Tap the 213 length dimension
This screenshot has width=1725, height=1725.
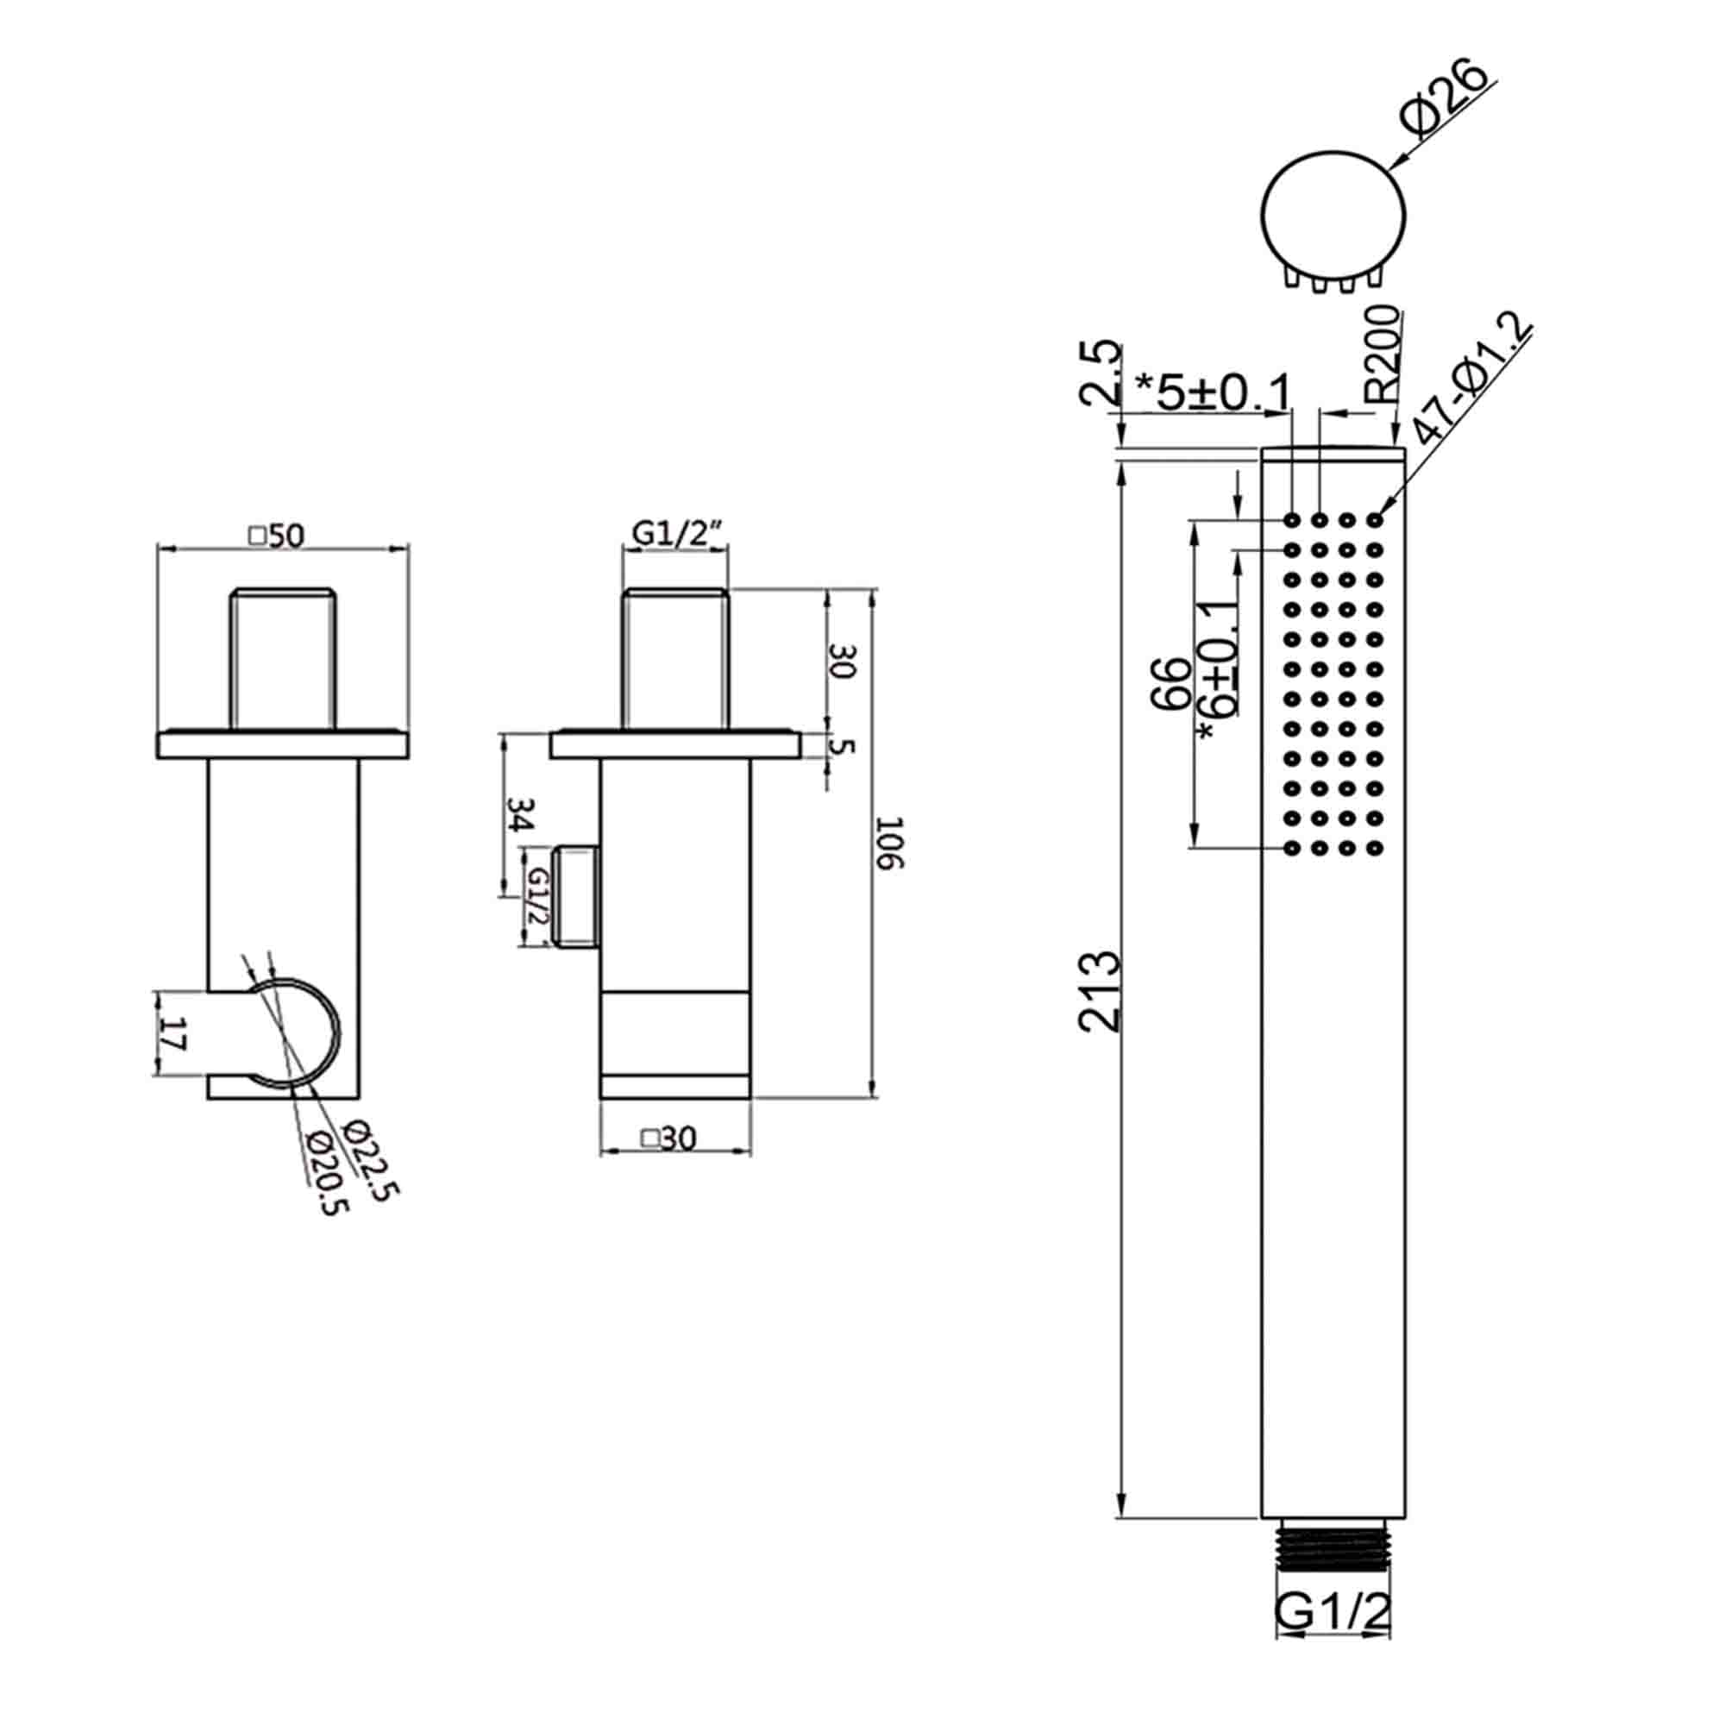1097,991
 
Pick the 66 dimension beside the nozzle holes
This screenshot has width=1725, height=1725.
1170,683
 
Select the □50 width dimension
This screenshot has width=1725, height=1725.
277,535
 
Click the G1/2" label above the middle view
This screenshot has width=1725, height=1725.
675,533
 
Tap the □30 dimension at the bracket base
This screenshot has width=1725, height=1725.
668,1138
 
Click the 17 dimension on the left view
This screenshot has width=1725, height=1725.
174,1036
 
